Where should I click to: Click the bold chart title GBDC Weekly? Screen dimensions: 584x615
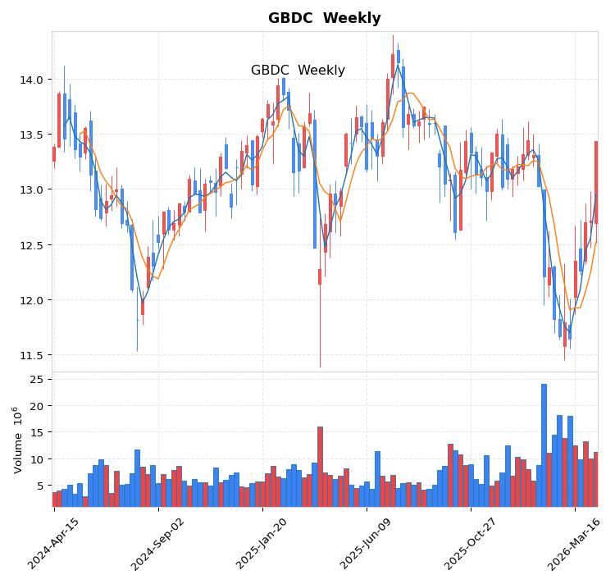pos(324,18)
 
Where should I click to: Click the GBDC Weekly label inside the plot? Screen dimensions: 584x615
pos(298,71)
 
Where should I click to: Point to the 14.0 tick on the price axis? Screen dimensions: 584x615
pos(31,80)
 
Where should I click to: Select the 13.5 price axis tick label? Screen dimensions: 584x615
pos(31,135)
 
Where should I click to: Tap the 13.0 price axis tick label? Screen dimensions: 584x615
pos(31,189)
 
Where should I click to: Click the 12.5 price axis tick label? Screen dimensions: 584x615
pos(31,245)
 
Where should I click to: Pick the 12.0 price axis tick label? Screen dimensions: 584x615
pos(31,300)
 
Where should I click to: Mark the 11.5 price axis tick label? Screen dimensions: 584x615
pos(31,355)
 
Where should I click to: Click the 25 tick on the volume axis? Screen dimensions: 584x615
pos(36,380)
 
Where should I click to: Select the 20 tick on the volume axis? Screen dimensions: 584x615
pos(36,406)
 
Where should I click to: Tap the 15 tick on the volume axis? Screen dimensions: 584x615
pos(36,432)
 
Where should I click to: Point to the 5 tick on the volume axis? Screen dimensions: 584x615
pos(39,486)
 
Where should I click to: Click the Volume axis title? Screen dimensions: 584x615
pos(17,439)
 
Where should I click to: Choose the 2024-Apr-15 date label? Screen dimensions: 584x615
pos(54,543)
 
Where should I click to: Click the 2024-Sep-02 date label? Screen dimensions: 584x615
pos(158,543)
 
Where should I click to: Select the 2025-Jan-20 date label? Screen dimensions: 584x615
pos(262,543)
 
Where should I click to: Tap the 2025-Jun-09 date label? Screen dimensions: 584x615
pos(367,543)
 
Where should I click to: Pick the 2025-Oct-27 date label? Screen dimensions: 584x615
pos(471,543)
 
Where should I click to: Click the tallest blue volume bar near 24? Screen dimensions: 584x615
pos(544,445)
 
